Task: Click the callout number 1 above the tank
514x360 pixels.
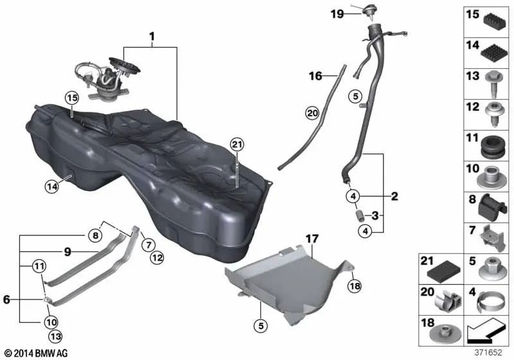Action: (152, 37)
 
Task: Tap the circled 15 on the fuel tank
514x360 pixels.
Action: (71, 99)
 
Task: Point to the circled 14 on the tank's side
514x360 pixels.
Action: (51, 187)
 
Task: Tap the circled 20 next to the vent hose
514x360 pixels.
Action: (312, 114)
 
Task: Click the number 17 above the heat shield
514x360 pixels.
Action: (312, 239)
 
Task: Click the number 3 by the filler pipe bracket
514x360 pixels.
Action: (377, 214)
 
